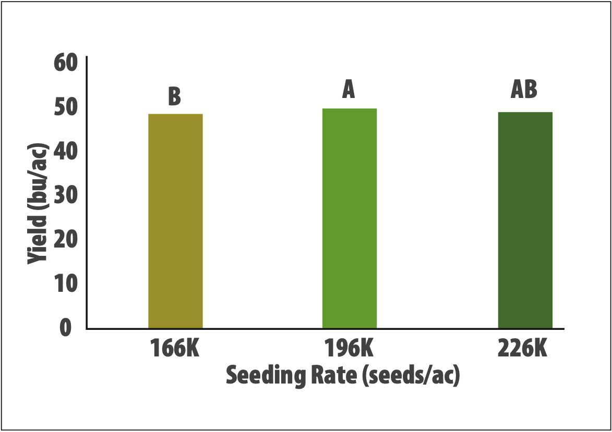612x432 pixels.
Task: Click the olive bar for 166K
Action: (175, 221)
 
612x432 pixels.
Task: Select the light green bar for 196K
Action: (350, 218)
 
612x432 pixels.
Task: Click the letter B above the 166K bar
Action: (175, 96)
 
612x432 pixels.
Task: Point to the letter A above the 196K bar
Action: (349, 90)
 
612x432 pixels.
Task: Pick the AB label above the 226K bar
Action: (524, 90)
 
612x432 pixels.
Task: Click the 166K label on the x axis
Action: (175, 348)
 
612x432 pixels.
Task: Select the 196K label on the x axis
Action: (349, 348)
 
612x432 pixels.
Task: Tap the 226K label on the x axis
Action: (523, 348)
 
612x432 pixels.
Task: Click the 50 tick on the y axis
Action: (65, 107)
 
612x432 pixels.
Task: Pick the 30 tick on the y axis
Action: (65, 195)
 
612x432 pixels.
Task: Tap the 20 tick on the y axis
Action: (65, 240)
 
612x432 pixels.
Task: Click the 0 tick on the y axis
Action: (65, 328)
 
